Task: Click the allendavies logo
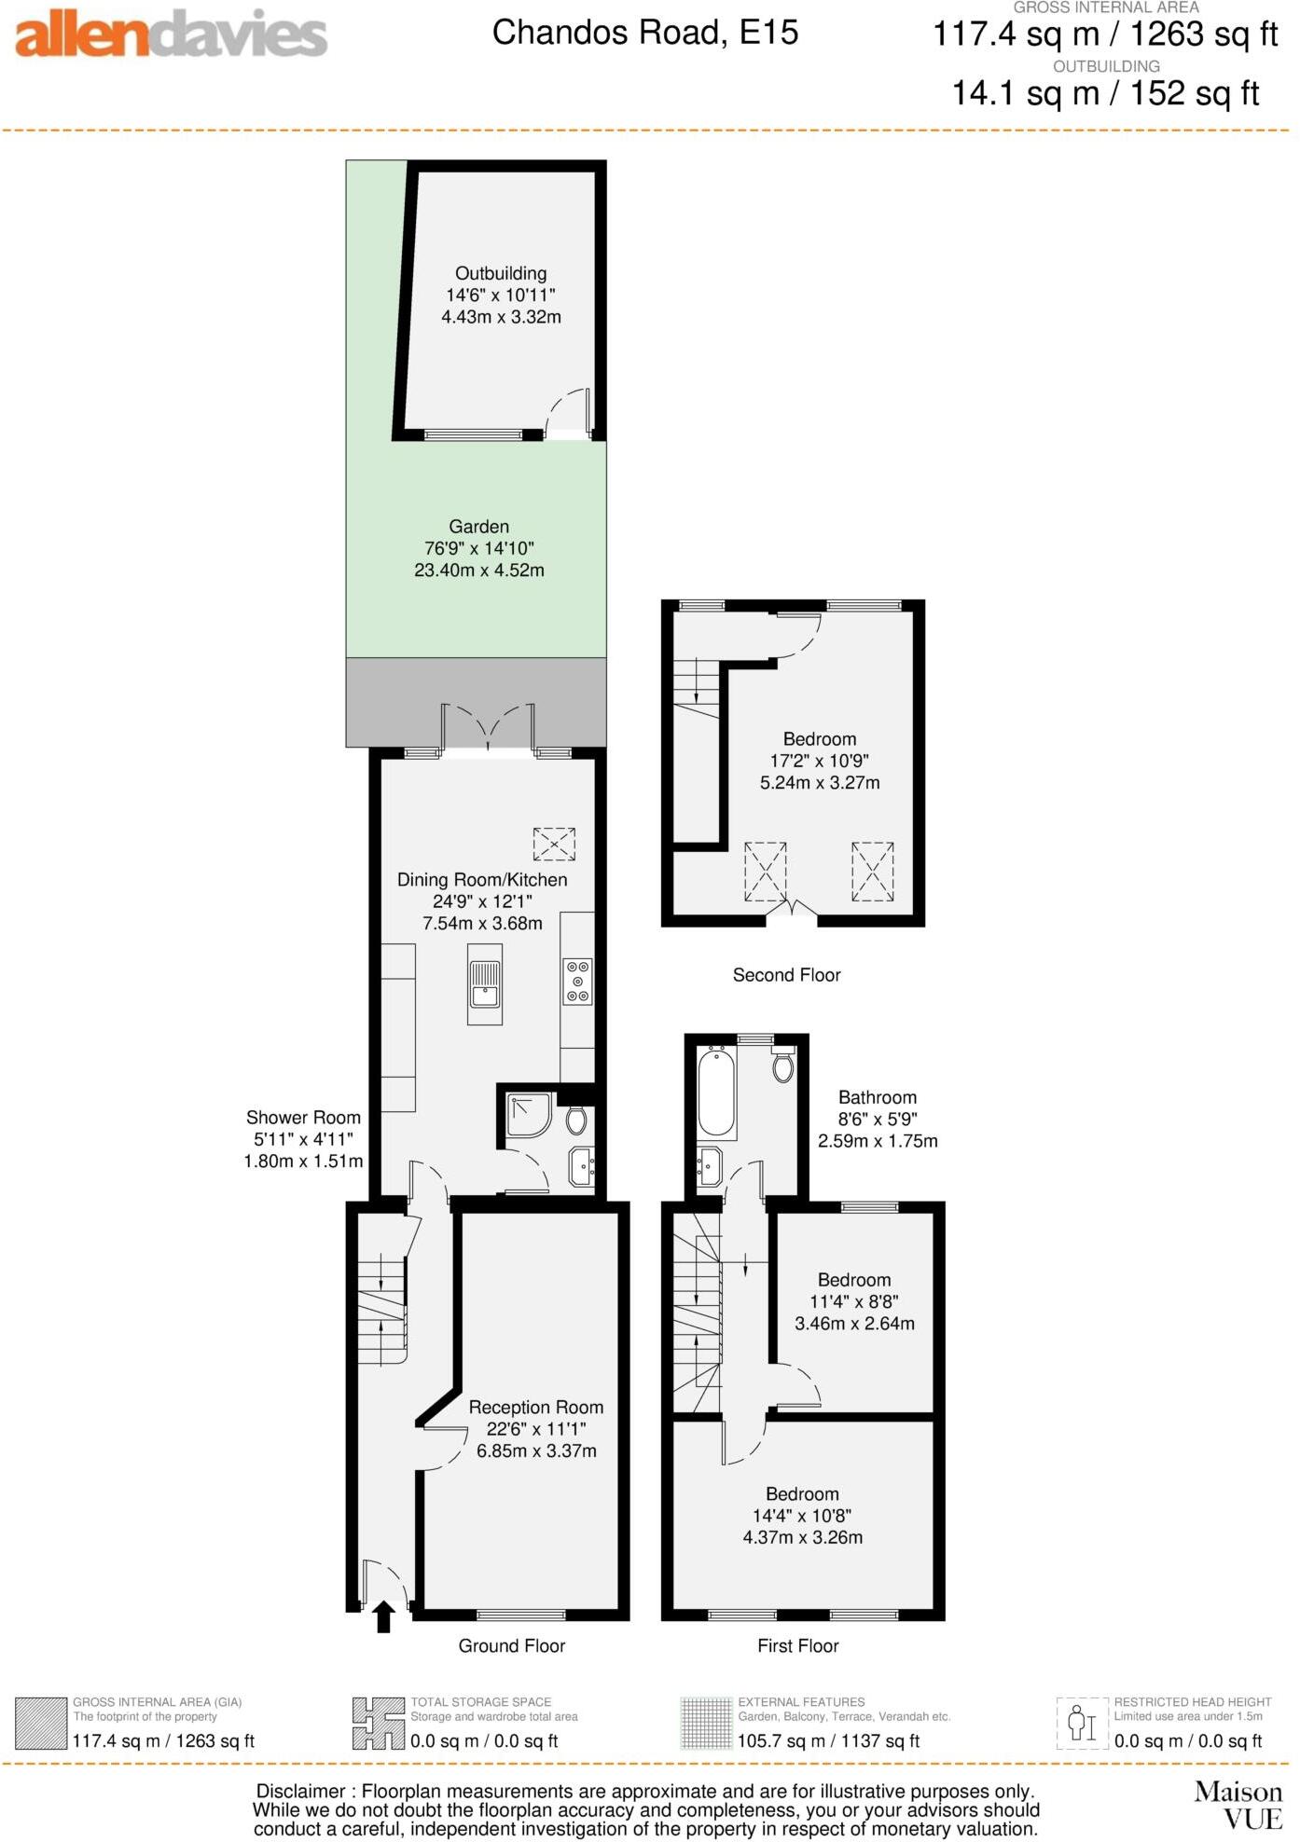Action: click(171, 34)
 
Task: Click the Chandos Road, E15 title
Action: click(644, 33)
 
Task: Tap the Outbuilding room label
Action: click(501, 273)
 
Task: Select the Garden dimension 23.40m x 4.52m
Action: click(478, 570)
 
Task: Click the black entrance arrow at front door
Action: click(383, 1616)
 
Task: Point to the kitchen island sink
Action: click(484, 984)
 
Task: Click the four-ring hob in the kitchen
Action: click(578, 982)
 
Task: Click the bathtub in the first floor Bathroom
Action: click(716, 1091)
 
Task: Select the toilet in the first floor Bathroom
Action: click(783, 1064)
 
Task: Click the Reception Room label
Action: click(535, 1407)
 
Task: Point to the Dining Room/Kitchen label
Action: click(482, 879)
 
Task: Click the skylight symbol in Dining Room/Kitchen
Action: click(554, 844)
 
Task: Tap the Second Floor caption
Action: click(786, 975)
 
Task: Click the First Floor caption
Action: click(797, 1645)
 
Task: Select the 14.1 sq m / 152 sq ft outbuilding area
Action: click(1105, 93)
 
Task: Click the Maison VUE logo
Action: click(1238, 1805)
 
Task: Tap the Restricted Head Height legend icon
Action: click(1081, 1723)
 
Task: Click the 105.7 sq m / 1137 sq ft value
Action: click(828, 1740)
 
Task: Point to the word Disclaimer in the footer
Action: click(300, 1791)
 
